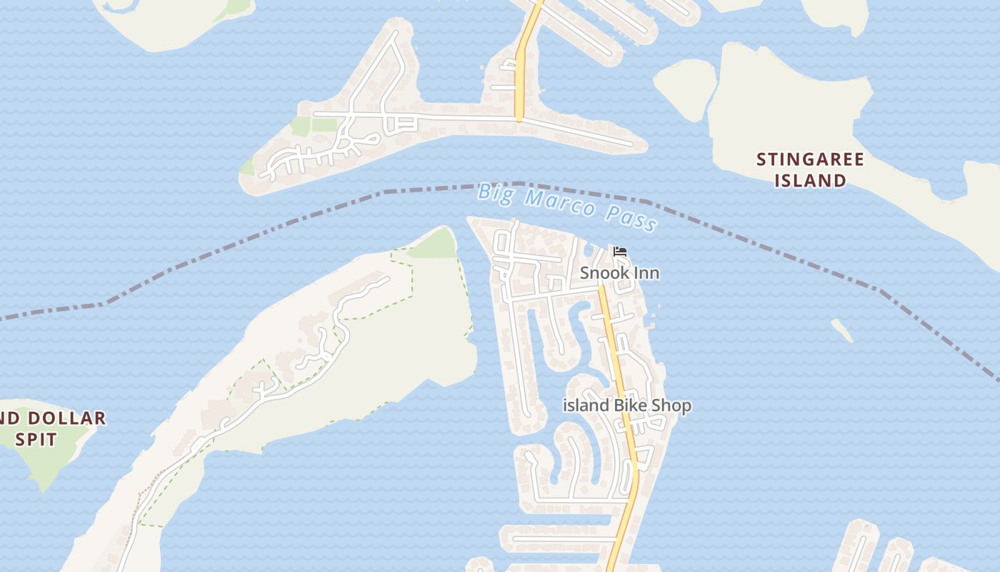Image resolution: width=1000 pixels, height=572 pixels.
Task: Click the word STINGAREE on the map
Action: (810, 159)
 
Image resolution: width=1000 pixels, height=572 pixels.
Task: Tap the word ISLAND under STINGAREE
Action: (810, 180)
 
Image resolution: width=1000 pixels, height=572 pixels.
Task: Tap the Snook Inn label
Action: (619, 273)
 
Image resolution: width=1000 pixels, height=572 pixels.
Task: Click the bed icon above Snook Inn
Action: (620, 252)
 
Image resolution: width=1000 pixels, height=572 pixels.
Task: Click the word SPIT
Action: (36, 438)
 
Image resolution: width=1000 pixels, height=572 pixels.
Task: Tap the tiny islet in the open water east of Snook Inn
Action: (843, 330)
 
